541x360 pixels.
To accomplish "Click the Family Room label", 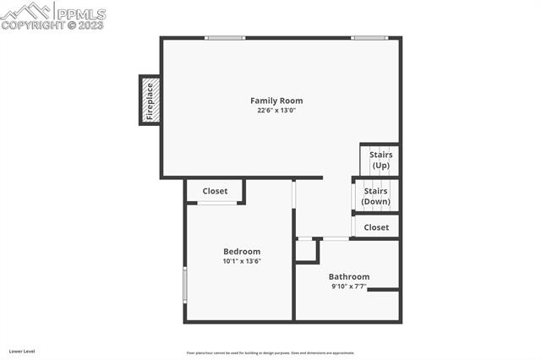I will tap(276, 101).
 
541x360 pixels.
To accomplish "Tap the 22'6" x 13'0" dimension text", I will tap(276, 111).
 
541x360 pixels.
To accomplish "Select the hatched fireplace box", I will tap(150, 100).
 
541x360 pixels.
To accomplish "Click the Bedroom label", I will tap(242, 251).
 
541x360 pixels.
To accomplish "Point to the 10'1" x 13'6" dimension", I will tap(242, 261).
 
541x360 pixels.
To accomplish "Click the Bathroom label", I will tap(349, 276).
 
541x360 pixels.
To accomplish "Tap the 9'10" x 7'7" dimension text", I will tap(349, 286).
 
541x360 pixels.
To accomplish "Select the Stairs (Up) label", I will tap(380, 160).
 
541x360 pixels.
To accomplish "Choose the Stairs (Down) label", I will tap(375, 196).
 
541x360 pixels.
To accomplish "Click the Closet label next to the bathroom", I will tap(376, 227).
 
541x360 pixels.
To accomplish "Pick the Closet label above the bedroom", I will tap(215, 191).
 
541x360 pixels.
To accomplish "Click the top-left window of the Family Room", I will tap(225, 37).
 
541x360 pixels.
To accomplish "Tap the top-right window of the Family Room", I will tap(370, 37).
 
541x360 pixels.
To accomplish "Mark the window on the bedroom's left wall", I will tap(185, 285).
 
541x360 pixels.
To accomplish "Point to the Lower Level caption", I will tap(22, 351).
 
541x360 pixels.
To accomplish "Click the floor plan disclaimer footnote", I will tap(270, 352).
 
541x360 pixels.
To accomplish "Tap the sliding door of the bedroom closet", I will tap(216, 204).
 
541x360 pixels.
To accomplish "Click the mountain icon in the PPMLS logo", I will tap(26, 12).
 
